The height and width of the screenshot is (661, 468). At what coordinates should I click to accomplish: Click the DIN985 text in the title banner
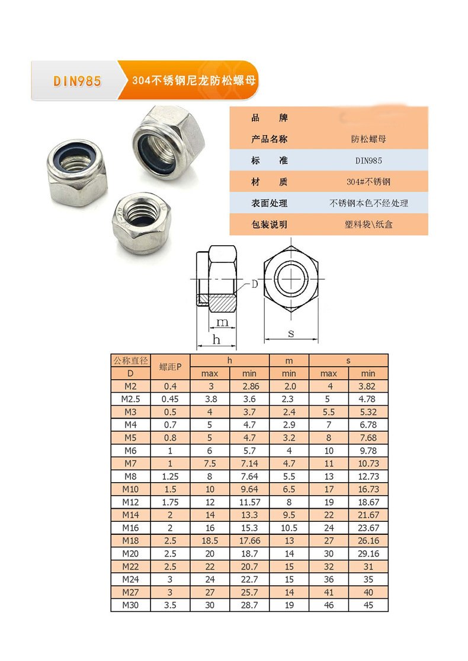(x=77, y=81)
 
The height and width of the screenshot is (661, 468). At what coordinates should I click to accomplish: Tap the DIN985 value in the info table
(x=368, y=160)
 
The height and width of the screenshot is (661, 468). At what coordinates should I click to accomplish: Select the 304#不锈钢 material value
(x=368, y=181)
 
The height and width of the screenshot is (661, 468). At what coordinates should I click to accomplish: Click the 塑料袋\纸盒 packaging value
(x=368, y=224)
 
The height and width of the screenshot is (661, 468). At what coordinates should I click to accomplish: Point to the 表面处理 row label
(x=269, y=203)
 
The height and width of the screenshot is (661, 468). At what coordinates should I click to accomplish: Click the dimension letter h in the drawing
(x=216, y=339)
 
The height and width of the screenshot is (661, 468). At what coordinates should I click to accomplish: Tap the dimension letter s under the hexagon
(x=291, y=333)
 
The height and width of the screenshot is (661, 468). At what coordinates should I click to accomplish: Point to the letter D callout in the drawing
(x=254, y=284)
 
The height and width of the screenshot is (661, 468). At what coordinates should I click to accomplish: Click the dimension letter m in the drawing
(x=222, y=322)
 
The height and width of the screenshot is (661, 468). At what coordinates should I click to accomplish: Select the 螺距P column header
(x=171, y=367)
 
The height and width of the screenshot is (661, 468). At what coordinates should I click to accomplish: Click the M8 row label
(x=130, y=476)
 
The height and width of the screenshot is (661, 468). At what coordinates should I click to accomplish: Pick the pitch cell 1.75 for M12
(x=171, y=502)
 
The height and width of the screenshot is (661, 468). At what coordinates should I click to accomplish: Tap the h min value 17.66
(x=249, y=541)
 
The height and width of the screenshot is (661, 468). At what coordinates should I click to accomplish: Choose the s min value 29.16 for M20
(x=368, y=554)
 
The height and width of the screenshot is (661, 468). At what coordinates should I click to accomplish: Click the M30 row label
(x=130, y=605)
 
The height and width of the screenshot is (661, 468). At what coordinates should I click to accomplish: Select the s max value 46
(x=328, y=605)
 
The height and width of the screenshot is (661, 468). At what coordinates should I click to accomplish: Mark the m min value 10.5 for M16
(x=289, y=528)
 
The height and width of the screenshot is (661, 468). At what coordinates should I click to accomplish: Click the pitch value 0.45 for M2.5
(x=171, y=399)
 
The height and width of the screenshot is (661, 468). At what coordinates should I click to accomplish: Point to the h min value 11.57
(x=249, y=502)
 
